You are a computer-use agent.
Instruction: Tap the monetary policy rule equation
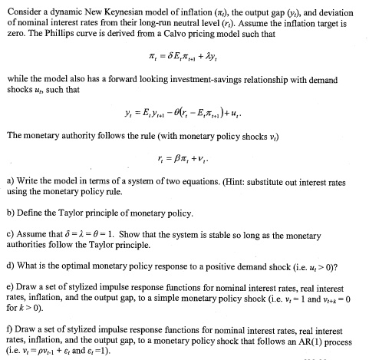click(x=184, y=164)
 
